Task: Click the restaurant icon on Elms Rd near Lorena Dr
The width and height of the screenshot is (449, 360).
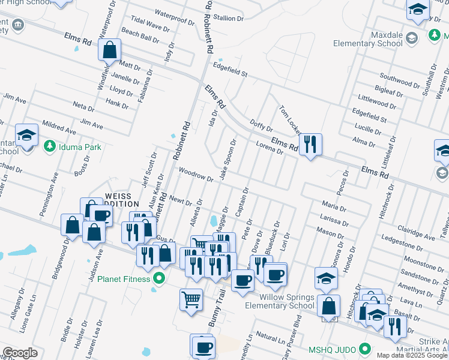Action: click(310, 145)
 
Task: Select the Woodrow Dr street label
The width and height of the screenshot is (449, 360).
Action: click(196, 175)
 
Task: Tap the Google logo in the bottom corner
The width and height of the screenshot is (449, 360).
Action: click(20, 353)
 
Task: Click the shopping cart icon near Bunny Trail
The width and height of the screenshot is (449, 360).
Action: click(191, 299)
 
